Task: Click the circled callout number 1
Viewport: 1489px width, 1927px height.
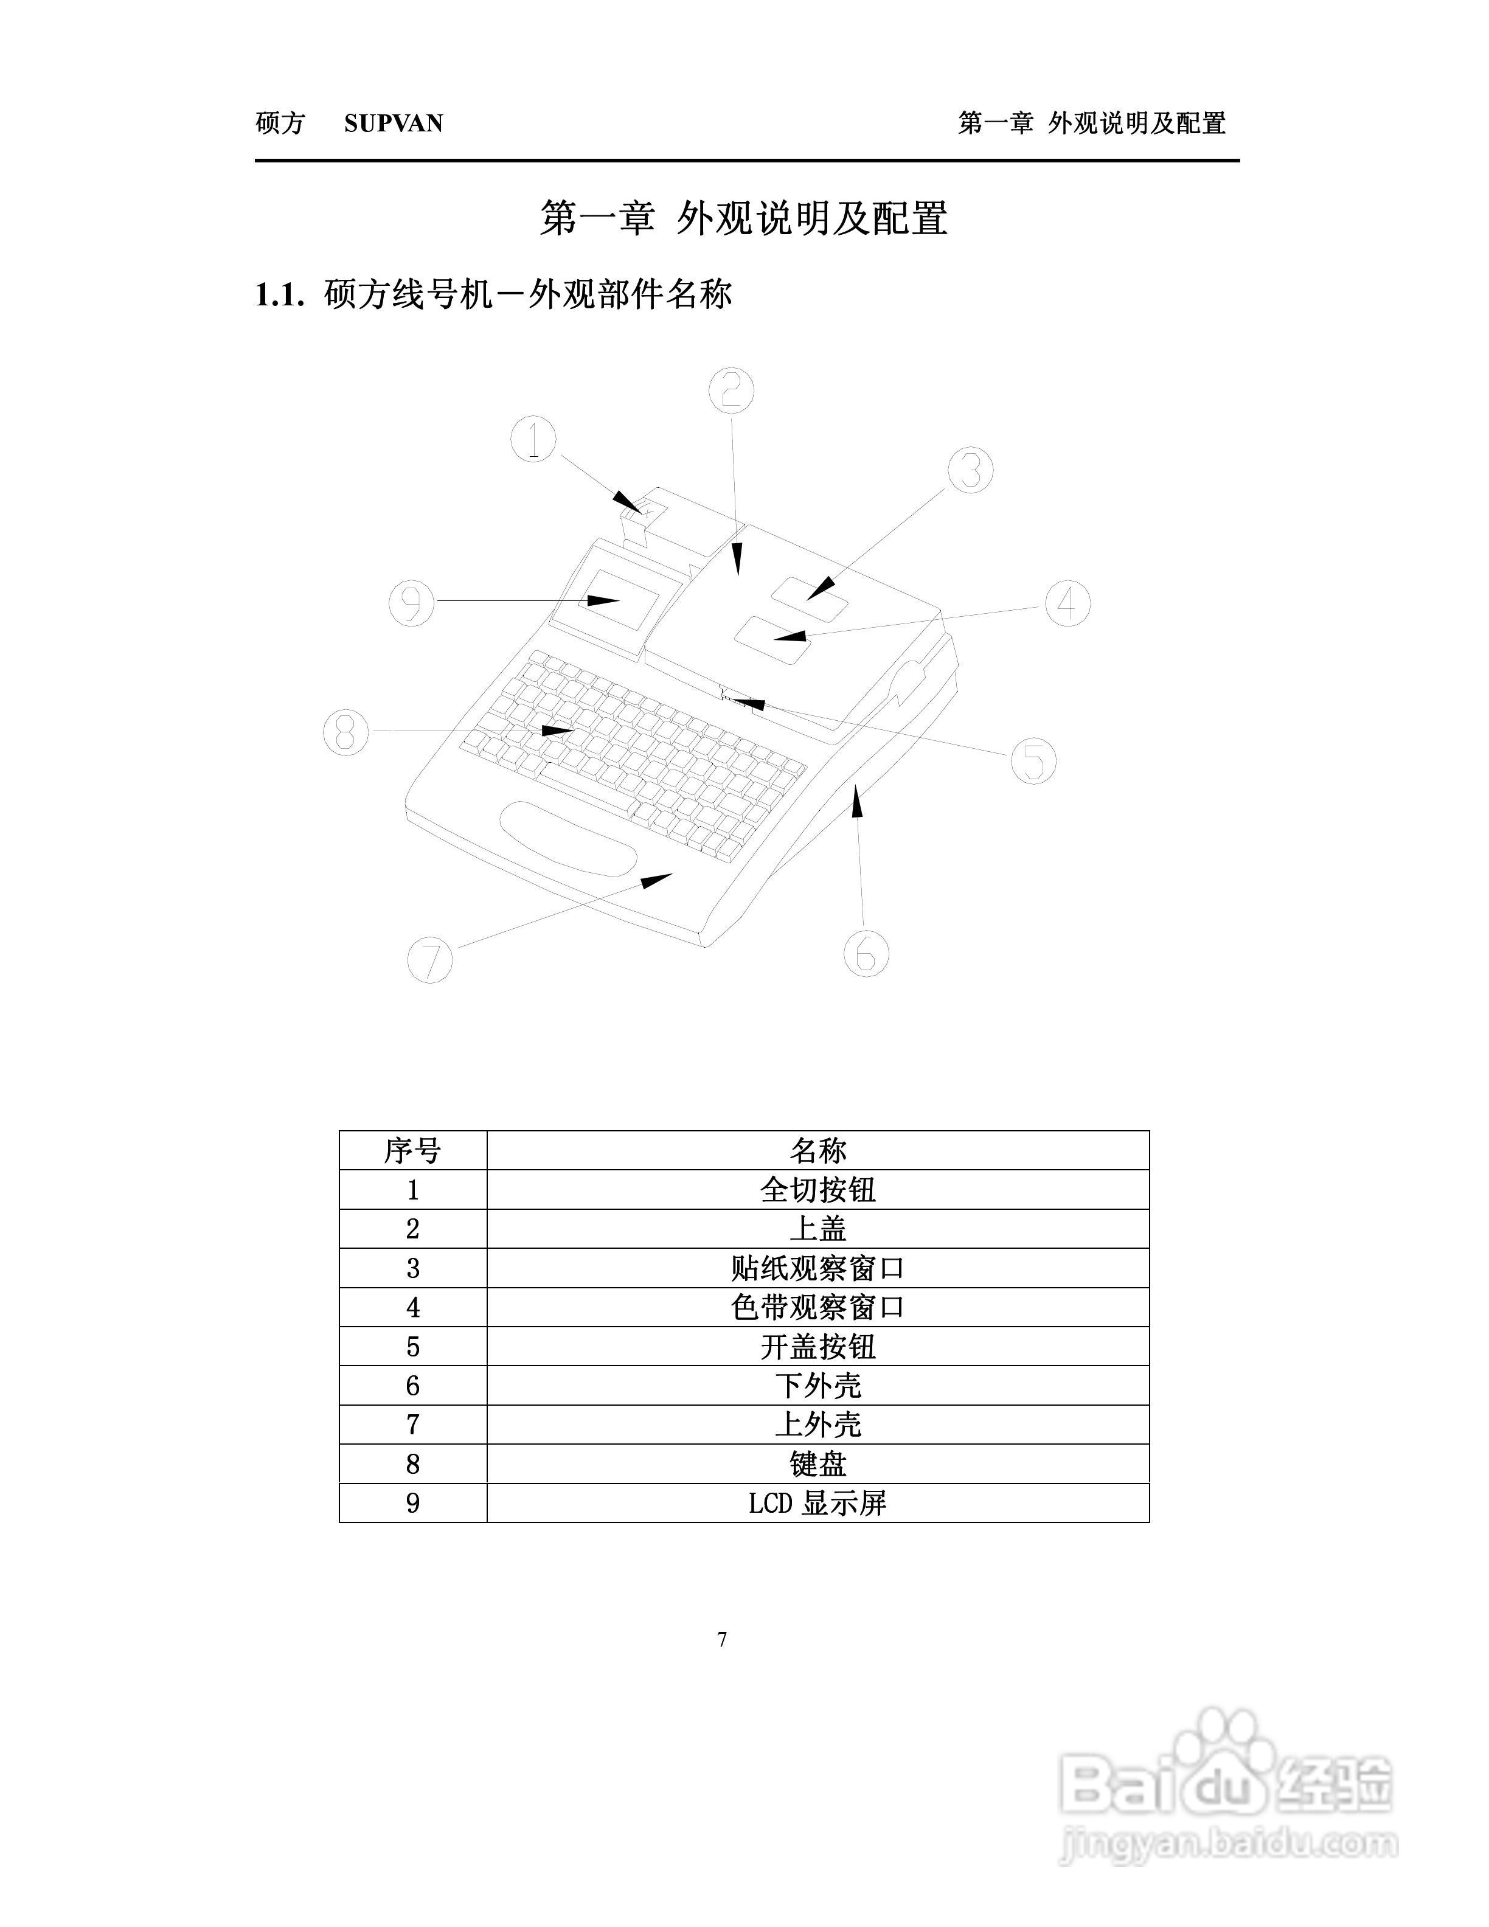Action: (x=533, y=439)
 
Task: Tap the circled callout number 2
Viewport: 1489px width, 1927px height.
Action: (x=731, y=391)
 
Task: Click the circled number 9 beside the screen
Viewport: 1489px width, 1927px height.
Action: (x=412, y=603)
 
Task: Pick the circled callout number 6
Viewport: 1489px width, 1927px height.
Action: (x=866, y=953)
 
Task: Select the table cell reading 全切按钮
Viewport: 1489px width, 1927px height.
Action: (x=817, y=1189)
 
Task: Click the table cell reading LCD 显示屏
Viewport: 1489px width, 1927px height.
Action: (x=817, y=1502)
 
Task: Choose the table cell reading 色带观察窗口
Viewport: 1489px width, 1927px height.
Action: (x=817, y=1307)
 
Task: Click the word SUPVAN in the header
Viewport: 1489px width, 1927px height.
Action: (x=394, y=123)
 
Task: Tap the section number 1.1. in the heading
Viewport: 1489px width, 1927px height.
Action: (x=280, y=296)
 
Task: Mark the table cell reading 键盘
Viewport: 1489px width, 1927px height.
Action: (x=817, y=1463)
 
